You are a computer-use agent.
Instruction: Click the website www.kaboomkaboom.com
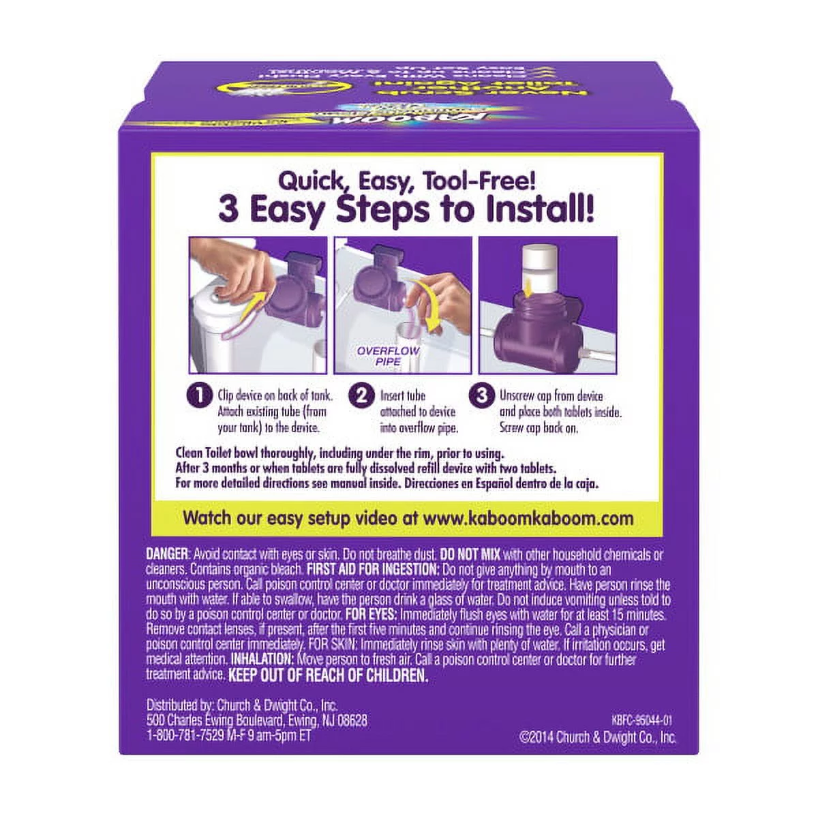[x=528, y=517]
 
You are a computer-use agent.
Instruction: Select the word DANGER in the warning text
[x=166, y=554]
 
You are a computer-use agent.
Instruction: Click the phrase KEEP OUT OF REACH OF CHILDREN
[x=328, y=676]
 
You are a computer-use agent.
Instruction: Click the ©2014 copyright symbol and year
[x=542, y=736]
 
